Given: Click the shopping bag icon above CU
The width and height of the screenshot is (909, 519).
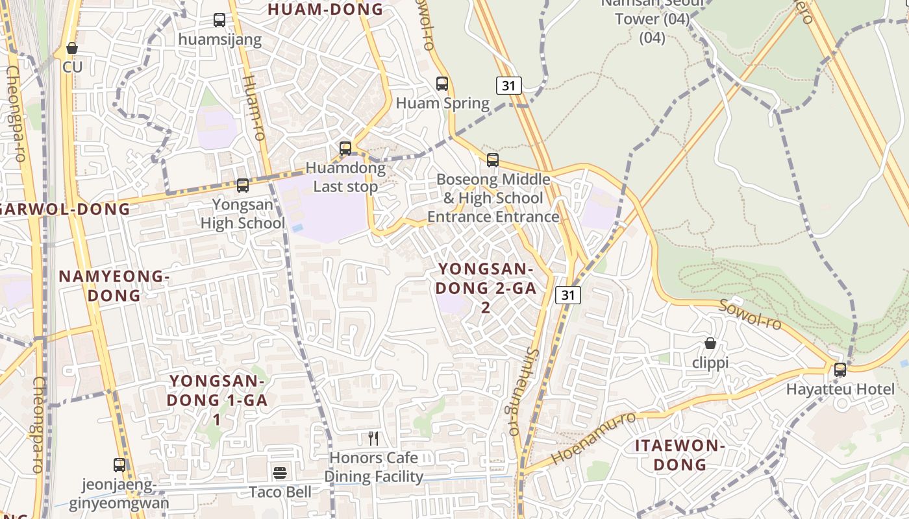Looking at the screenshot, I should pos(72,48).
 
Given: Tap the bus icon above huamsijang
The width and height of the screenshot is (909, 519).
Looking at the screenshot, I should pos(219,20).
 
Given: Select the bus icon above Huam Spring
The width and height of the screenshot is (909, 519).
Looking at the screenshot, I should pos(442,84).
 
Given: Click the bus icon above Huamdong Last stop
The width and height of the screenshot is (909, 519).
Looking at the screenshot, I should pos(345,149).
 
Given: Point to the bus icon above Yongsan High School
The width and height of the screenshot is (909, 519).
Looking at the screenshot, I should pos(243,186).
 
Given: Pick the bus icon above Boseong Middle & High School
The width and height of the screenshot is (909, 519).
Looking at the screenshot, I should pos(493,160).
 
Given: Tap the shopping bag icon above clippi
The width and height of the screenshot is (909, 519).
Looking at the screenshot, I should pos(710,343).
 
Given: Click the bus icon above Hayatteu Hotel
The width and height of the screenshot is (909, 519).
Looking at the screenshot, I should pos(840,370).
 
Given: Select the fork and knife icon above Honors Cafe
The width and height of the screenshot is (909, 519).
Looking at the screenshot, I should pos(373,439).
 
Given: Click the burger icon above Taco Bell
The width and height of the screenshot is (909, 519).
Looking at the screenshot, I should pos(280,472).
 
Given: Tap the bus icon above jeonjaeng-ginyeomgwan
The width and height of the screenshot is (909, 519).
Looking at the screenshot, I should pos(119,465).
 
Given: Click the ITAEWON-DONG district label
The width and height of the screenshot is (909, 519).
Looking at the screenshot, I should pos(680,455).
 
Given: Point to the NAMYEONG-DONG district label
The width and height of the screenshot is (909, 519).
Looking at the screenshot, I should pos(114,286).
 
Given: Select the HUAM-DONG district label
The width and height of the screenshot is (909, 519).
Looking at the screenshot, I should pos(325,9).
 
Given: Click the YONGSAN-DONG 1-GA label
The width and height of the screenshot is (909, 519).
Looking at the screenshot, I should pos(217,400).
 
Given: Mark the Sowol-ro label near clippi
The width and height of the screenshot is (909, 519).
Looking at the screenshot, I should pos(750,314).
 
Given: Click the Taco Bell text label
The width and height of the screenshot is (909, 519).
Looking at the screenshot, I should pos(280,492).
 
